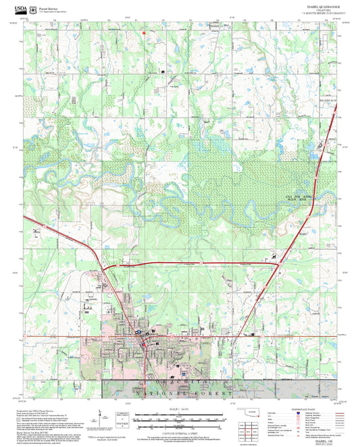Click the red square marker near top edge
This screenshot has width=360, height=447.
tap(143, 31)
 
